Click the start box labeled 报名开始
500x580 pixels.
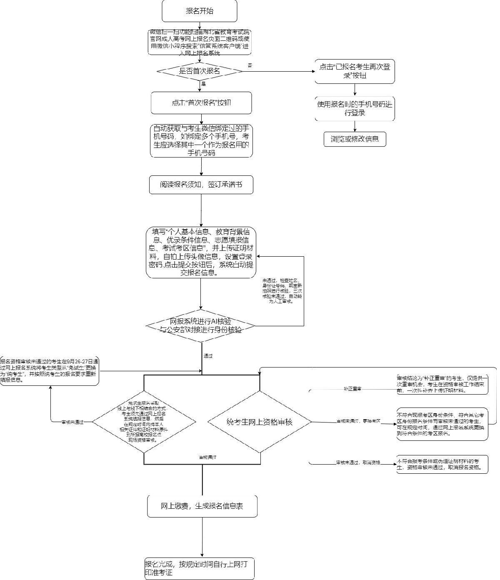(x=200, y=11)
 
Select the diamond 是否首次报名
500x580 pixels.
(x=200, y=71)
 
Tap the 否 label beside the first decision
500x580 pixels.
(x=250, y=65)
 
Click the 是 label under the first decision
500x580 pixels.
(x=204, y=84)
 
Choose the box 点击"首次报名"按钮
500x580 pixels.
(x=201, y=103)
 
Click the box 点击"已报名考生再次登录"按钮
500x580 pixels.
(x=355, y=71)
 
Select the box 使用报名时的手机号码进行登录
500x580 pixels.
(x=355, y=109)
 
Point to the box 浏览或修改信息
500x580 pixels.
(x=355, y=139)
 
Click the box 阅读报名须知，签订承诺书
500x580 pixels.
(x=201, y=185)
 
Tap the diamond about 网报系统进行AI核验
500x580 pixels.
(x=201, y=325)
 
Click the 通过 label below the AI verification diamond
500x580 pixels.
(x=208, y=356)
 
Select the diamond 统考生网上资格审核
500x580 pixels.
(x=259, y=422)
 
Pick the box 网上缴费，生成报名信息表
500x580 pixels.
(x=202, y=507)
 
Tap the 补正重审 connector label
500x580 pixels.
(x=352, y=388)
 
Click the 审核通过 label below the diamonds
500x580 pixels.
(x=207, y=457)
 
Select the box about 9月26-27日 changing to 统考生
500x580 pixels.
(x=50, y=370)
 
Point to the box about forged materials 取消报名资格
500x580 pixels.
(x=442, y=464)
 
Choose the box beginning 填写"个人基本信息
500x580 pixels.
(x=201, y=252)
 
